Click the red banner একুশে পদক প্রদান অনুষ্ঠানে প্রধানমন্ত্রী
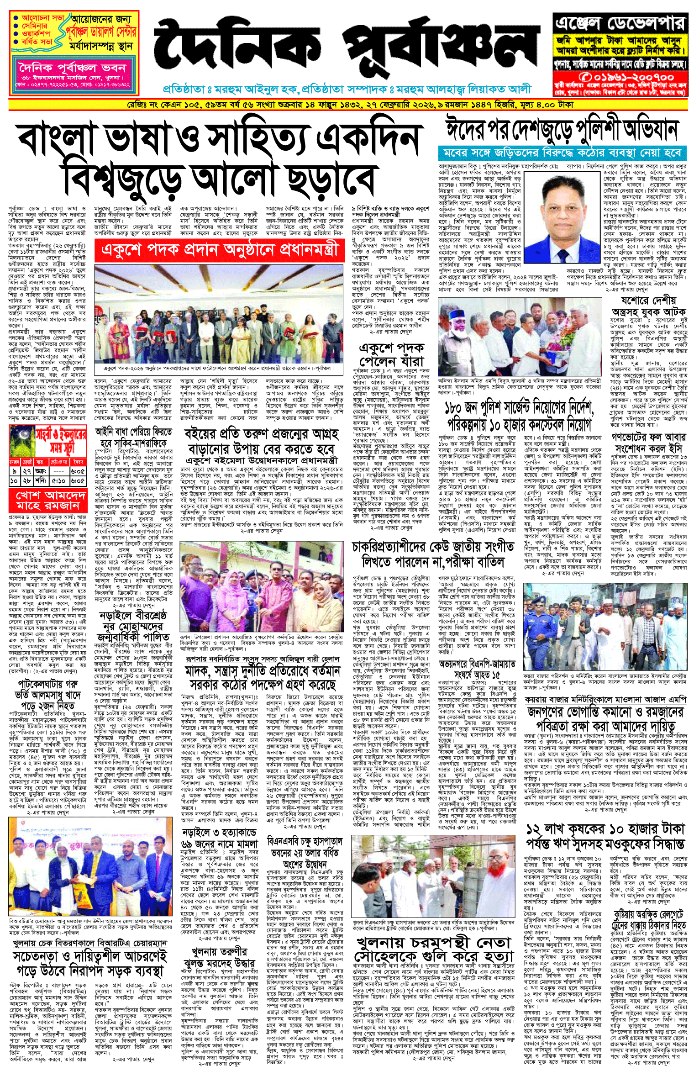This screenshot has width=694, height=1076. click(219, 250)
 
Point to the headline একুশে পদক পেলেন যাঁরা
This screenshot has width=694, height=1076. click(391, 354)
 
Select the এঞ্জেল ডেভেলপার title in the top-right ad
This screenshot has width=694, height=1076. click(620, 23)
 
